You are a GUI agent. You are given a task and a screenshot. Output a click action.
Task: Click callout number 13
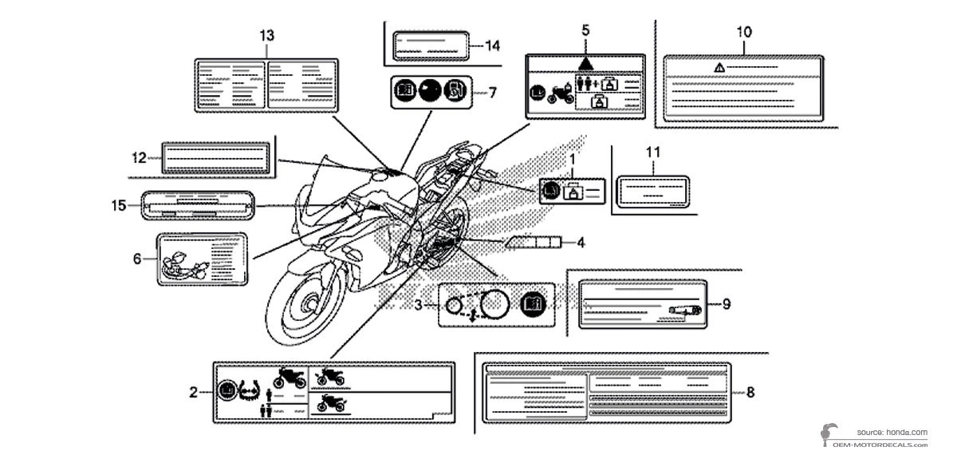[x=267, y=35]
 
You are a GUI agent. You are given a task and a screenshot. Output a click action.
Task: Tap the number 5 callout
[x=586, y=30]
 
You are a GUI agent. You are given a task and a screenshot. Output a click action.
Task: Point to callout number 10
[x=743, y=33]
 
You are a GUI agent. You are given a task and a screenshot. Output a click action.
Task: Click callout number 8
[x=750, y=392]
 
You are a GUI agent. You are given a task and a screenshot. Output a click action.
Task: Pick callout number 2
[x=194, y=391]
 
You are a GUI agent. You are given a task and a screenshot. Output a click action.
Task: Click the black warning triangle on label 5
[x=586, y=61]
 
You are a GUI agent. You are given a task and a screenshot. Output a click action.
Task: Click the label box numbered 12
[x=214, y=157]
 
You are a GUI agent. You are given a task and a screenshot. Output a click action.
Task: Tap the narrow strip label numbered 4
[x=533, y=241]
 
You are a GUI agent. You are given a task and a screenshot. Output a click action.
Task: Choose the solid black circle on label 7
[x=431, y=92]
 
